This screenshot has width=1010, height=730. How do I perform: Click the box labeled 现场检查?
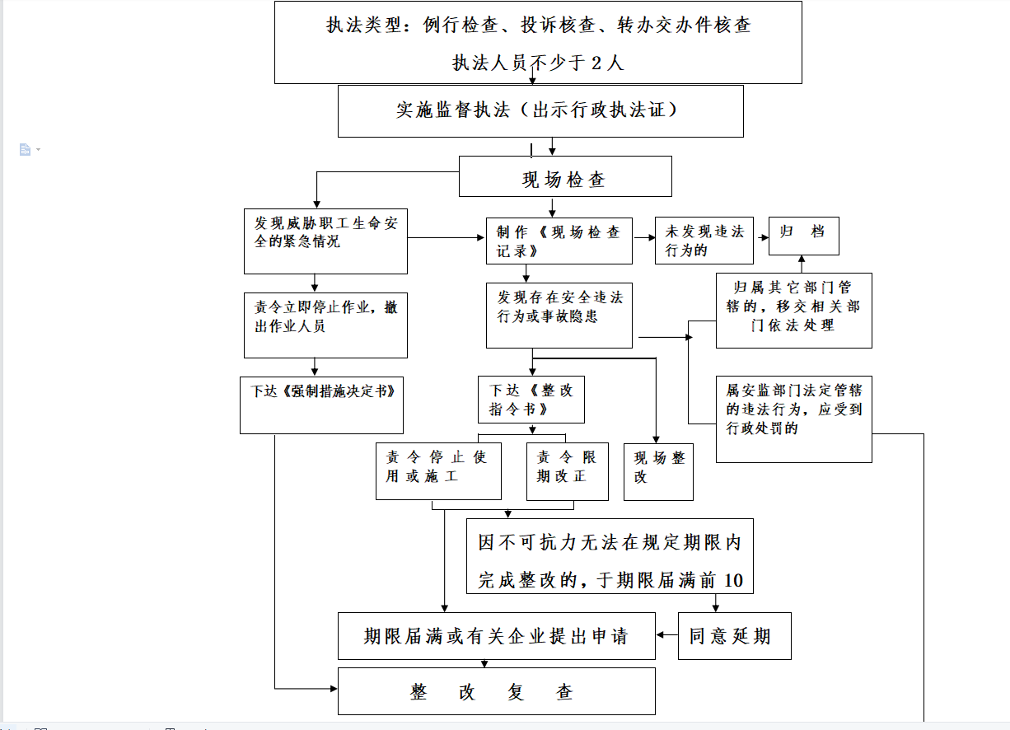[565, 176]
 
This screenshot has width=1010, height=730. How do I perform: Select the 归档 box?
[804, 236]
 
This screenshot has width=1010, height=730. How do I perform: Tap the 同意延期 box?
[735, 636]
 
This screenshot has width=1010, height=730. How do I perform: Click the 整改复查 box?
[497, 691]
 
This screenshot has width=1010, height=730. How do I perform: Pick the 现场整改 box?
[658, 471]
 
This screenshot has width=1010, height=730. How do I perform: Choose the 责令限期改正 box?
[568, 471]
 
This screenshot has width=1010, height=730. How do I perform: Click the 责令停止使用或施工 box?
[438, 471]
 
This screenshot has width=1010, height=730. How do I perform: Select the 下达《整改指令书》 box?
[531, 400]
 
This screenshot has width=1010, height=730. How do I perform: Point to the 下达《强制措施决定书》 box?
[321, 405]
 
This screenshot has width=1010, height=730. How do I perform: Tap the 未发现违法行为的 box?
[704, 241]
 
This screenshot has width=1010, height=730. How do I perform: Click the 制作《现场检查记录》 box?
[559, 241]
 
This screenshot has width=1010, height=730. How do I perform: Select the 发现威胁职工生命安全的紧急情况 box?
[325, 241]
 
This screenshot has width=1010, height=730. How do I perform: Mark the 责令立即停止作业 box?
[325, 325]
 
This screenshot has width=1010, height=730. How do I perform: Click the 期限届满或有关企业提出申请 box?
[497, 636]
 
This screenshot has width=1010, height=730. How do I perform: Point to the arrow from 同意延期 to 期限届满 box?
[666, 635]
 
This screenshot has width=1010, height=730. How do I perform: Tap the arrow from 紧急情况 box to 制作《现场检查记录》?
[446, 237]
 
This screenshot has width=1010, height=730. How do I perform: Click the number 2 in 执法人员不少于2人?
[596, 63]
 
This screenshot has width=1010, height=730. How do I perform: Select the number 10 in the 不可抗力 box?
[733, 580]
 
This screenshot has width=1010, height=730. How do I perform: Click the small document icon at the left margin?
[25, 149]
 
